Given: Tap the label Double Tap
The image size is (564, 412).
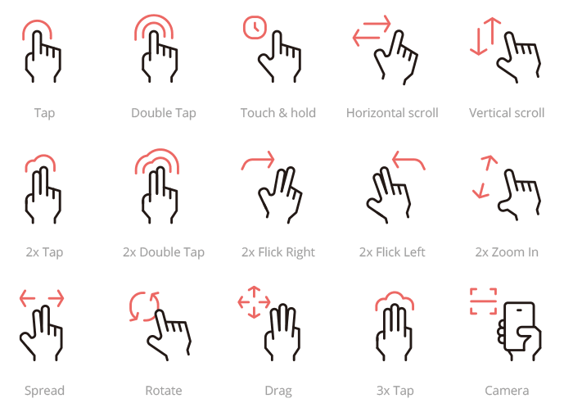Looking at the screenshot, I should tap(164, 113).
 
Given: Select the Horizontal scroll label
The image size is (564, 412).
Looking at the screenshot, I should tap(392, 113).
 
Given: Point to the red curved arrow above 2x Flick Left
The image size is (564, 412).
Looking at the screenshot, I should tap(408, 161).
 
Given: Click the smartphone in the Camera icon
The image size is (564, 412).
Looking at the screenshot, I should tap(519, 328).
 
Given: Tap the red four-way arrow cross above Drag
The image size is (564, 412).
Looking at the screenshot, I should tap(254, 301).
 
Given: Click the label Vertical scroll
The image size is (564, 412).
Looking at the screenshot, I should tap(507, 113).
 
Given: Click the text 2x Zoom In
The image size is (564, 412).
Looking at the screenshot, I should tap(507, 252).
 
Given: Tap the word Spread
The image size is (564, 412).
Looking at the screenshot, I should tap(44, 391).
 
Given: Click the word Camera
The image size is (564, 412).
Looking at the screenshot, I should tap(507, 391).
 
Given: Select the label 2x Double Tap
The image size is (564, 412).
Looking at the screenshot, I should tap(164, 252).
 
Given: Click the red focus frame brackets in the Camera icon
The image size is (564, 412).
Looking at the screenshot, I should tap(483, 301).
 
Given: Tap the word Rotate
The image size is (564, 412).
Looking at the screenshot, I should tap(164, 391).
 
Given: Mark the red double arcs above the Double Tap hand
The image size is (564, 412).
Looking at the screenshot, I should tap(156, 27).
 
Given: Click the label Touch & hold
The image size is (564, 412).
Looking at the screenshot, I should tap(278, 113).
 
